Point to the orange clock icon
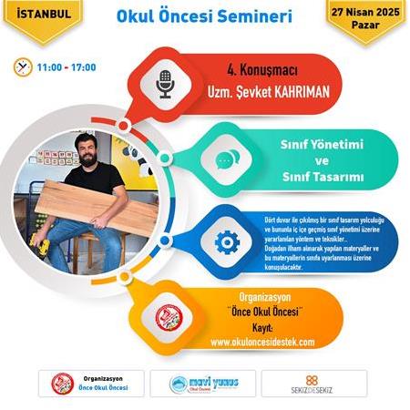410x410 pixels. [23, 67]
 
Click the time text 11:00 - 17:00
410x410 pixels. [67, 67]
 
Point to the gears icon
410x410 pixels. [225, 241]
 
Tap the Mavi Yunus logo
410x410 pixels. [205, 383]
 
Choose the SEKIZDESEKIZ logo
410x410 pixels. [313, 383]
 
